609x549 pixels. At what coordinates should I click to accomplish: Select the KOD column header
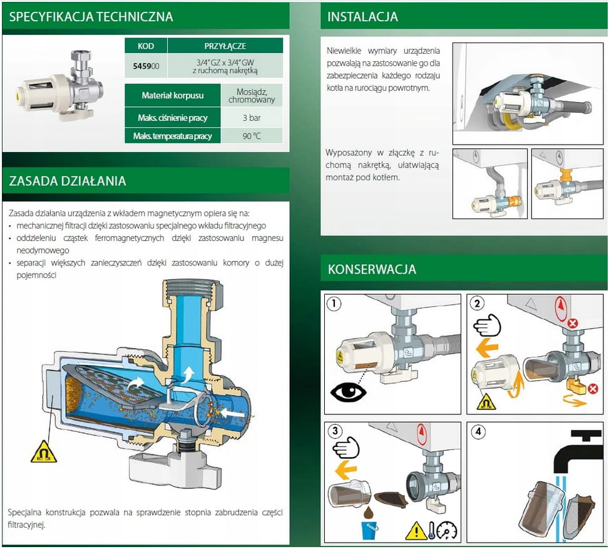(x=145, y=46)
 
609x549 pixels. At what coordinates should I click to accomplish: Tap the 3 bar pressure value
(x=252, y=117)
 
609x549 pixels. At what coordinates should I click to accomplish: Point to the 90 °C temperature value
(x=252, y=136)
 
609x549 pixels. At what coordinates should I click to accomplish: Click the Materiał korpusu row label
(x=172, y=96)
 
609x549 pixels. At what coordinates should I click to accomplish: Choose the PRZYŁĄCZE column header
(x=225, y=46)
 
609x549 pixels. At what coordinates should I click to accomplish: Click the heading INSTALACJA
(x=362, y=16)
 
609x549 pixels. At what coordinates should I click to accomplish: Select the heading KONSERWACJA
(x=372, y=270)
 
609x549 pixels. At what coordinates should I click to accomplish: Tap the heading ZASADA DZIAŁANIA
(x=68, y=182)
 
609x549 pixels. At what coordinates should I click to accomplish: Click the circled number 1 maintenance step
(x=335, y=304)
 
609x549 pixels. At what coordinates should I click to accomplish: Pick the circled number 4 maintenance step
(x=478, y=432)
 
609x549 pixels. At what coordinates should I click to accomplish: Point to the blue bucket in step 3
(x=370, y=529)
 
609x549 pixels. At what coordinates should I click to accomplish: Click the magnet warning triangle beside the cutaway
(x=44, y=452)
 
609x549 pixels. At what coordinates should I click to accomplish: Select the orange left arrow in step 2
(x=486, y=348)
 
